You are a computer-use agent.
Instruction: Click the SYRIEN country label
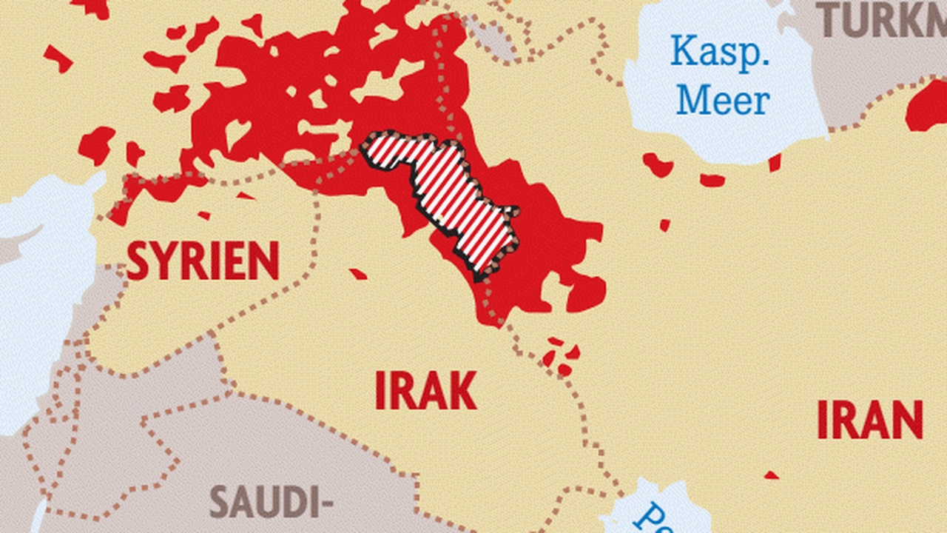click(203, 261)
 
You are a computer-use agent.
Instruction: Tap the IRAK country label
click(425, 391)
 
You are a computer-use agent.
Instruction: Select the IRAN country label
click(870, 420)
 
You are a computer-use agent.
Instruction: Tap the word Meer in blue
click(723, 100)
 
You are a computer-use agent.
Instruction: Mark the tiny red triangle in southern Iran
click(771, 475)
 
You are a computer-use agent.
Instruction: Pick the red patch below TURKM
click(928, 107)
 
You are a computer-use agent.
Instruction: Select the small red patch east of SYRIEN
click(358, 274)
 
